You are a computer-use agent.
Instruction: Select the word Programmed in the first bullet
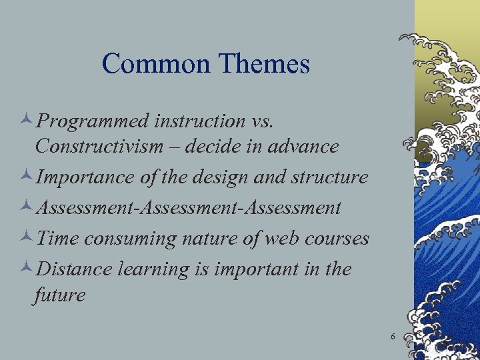[93, 122]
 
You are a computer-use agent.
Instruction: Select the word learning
[148, 270]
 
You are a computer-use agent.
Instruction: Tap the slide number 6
[393, 337]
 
